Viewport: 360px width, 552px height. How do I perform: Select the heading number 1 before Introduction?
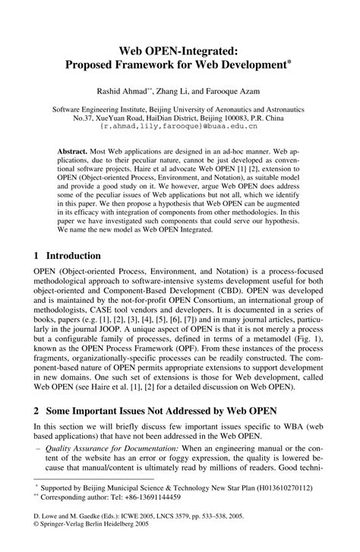[35, 256]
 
